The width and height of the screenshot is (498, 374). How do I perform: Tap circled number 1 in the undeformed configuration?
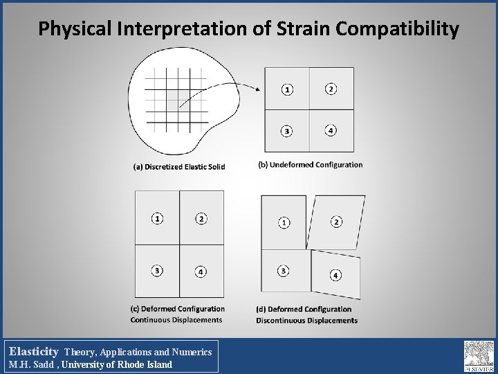[x=287, y=89]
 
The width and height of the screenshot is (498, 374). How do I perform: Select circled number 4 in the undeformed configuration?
[x=331, y=130]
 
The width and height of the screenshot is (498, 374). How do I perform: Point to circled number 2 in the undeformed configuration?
[x=331, y=89]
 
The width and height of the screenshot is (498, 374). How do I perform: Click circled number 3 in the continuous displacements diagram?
[x=158, y=270]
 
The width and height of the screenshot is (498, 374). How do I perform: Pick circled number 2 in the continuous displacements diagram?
[x=201, y=219]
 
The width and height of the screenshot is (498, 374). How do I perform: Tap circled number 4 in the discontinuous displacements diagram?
[x=335, y=275]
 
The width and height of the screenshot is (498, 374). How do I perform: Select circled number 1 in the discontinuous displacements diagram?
[x=284, y=222]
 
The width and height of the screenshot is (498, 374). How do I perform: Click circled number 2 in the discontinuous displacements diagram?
[x=335, y=222]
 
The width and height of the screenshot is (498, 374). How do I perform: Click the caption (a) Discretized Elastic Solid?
[x=178, y=166]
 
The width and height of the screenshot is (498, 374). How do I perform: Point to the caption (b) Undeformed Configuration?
[x=310, y=165]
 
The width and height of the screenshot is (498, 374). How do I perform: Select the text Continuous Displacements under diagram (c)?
[x=176, y=320]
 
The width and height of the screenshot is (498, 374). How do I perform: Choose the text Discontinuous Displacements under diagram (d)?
[x=306, y=321]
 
